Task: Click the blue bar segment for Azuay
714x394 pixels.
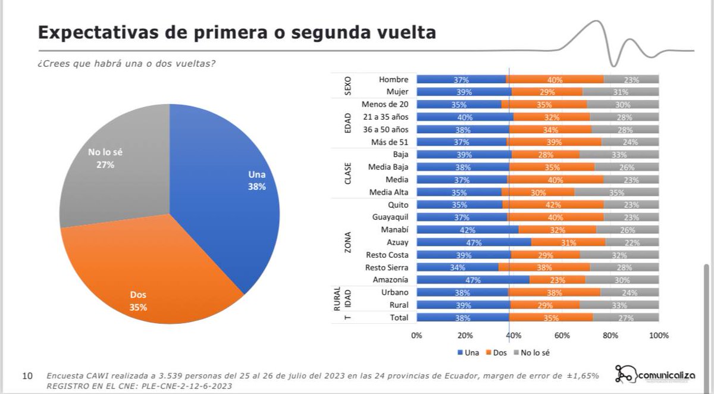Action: tap(474, 242)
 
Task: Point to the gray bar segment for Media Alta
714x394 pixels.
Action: tap(616, 192)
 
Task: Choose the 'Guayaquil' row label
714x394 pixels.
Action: tap(389, 217)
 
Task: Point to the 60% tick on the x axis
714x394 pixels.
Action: tap(562, 336)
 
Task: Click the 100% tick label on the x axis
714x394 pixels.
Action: tap(658, 336)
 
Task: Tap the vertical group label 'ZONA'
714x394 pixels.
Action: tap(348, 242)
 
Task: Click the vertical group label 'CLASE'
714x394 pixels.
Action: tap(348, 173)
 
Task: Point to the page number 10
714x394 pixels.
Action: tap(27, 376)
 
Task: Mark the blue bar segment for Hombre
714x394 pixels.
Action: tap(461, 80)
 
